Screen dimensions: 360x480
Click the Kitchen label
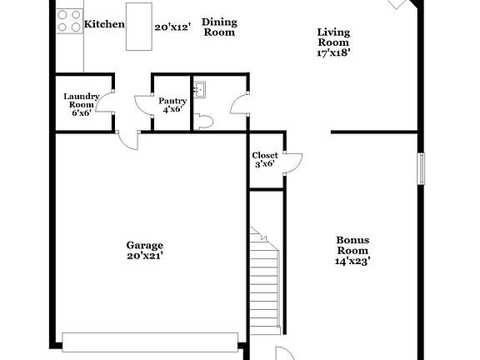pyautogui.click(x=104, y=24)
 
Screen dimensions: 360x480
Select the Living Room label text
pyautogui.click(x=333, y=37)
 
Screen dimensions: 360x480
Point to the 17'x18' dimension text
pyautogui.click(x=333, y=52)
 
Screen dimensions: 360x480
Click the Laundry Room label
pyautogui.click(x=82, y=101)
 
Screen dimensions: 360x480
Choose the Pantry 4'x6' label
pyautogui.click(x=172, y=106)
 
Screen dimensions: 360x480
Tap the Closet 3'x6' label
pyautogui.click(x=265, y=159)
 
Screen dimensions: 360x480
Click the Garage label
pyautogui.click(x=144, y=245)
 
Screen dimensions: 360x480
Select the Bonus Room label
pyautogui.click(x=352, y=245)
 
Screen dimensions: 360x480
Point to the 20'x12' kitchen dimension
pyautogui.click(x=173, y=27)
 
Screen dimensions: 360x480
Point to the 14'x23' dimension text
pyautogui.click(x=352, y=261)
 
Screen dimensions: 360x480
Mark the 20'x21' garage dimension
pyautogui.click(x=144, y=256)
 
